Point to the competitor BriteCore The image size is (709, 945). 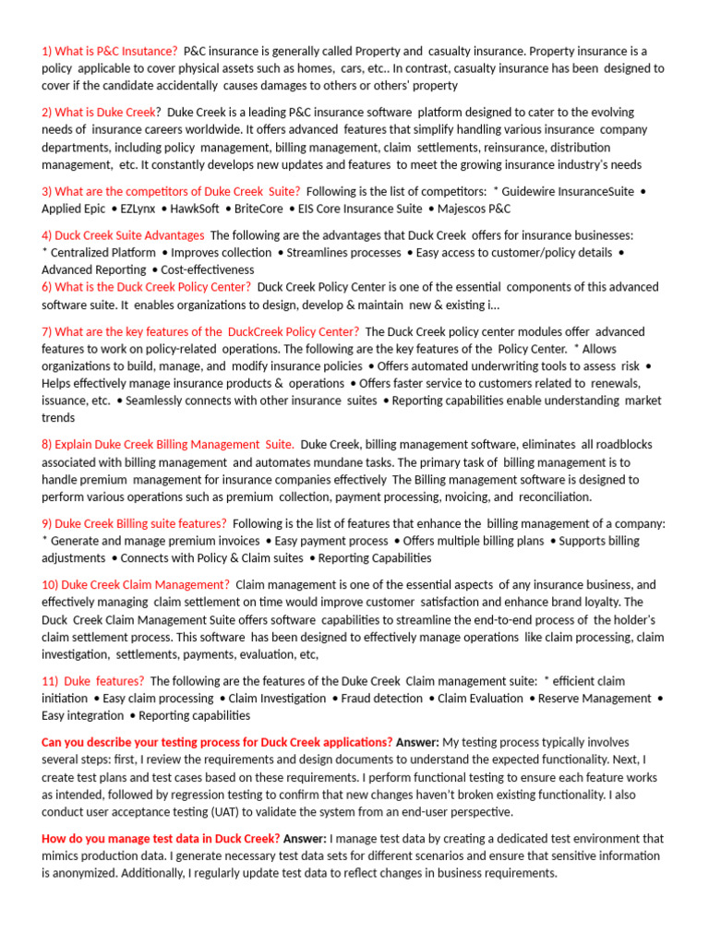258,209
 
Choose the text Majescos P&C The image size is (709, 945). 474,209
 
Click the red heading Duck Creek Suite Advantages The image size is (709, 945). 123,234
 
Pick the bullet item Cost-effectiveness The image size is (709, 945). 207,269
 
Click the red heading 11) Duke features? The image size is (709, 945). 92,680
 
